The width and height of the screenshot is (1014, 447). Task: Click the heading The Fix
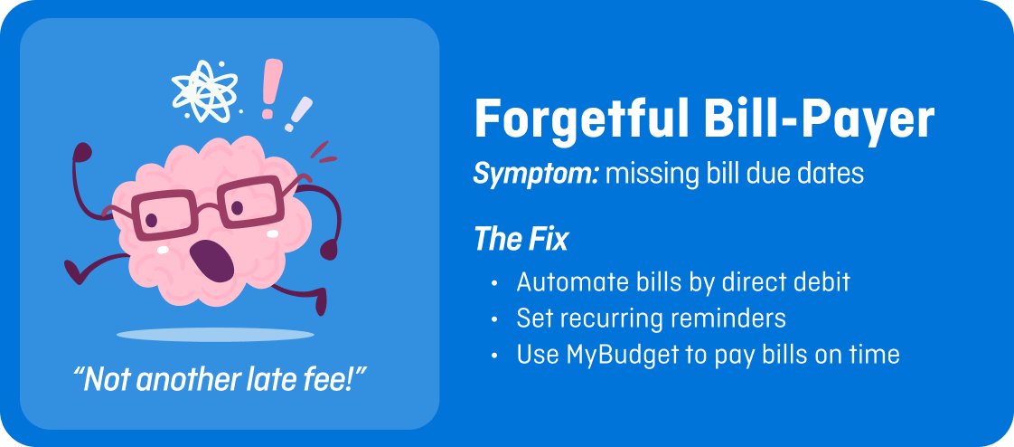(x=521, y=241)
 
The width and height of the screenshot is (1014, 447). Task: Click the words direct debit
(x=785, y=282)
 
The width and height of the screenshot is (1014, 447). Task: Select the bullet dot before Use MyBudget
(x=494, y=356)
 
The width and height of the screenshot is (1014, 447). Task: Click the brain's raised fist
(x=81, y=152)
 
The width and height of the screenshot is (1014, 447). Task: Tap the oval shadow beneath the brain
(x=215, y=335)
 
